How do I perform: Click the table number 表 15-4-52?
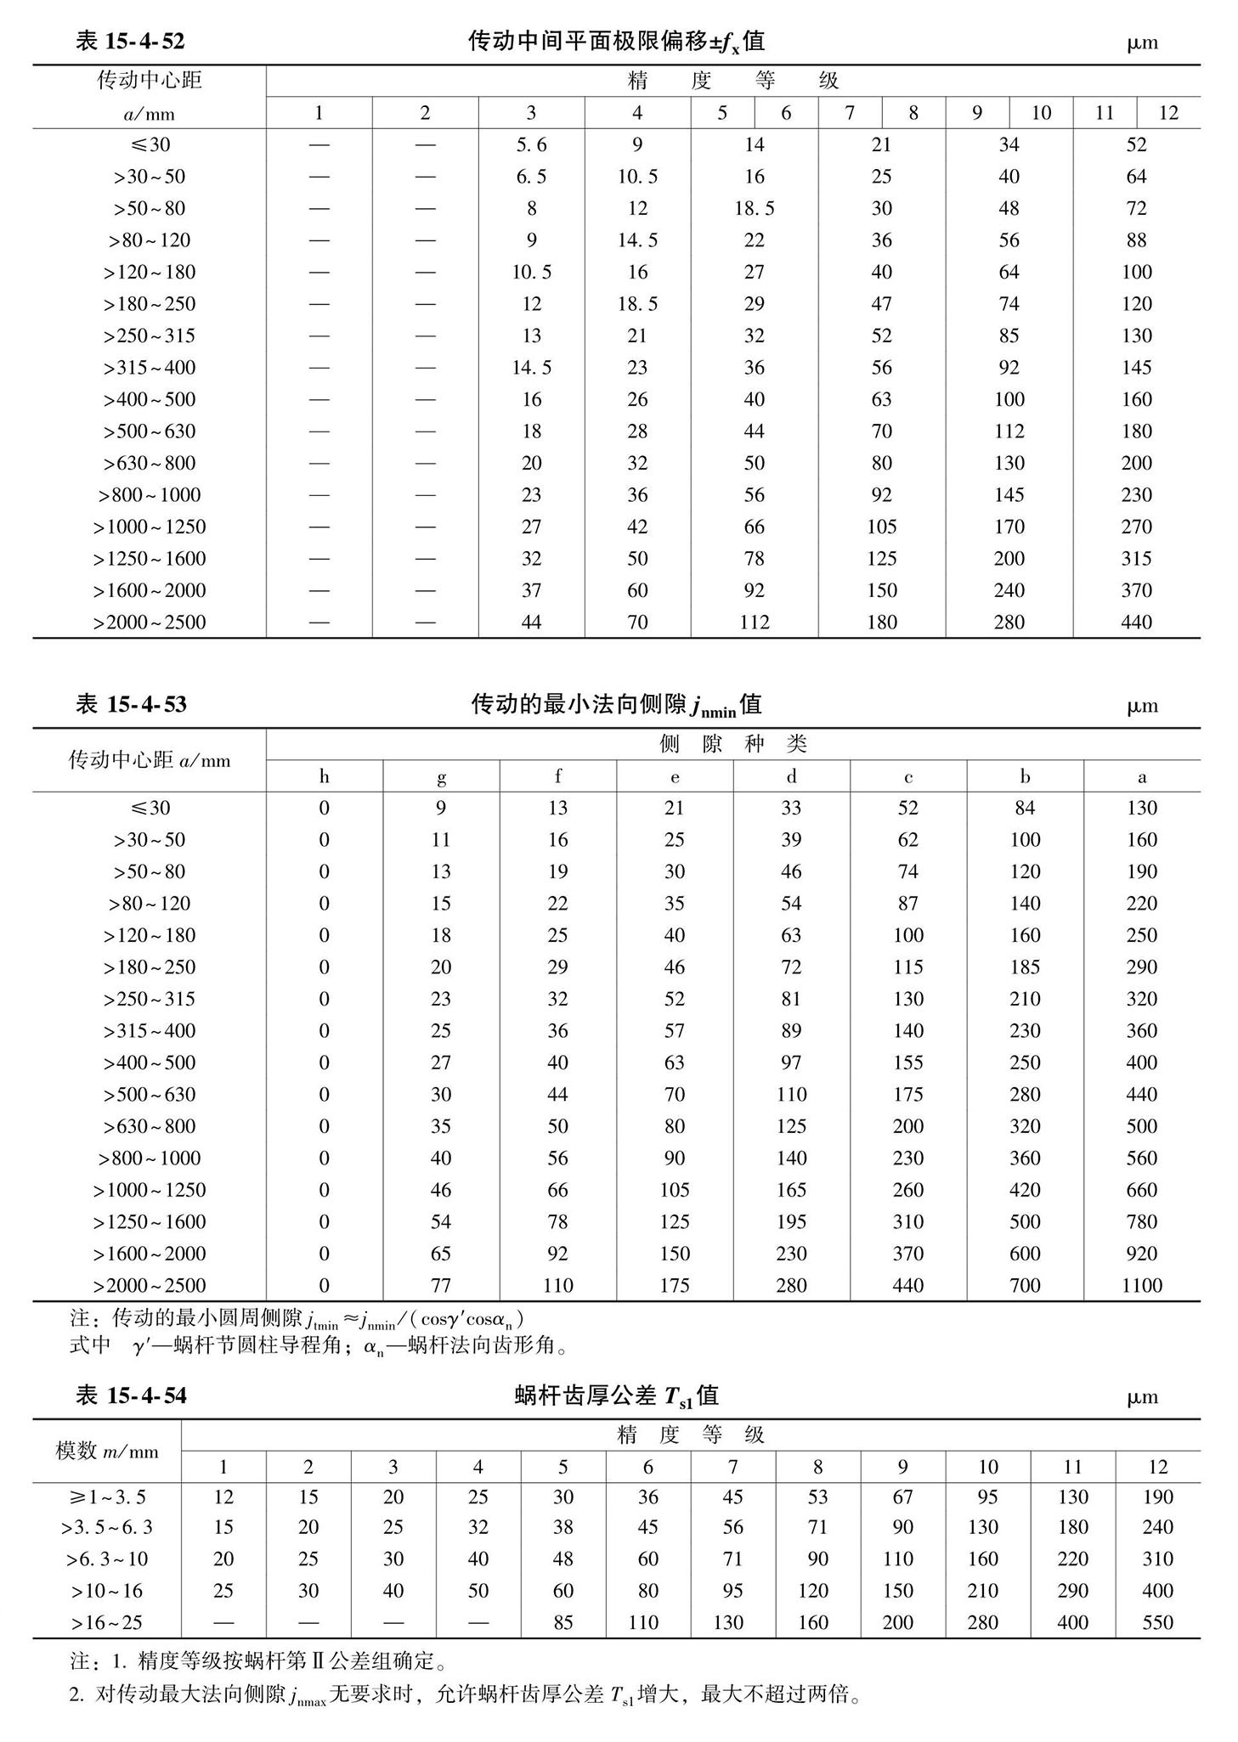(130, 41)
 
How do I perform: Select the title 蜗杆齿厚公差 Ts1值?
(617, 1395)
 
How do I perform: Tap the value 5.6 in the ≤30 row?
(531, 145)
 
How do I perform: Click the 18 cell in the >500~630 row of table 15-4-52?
(531, 431)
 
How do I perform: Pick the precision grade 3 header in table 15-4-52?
(531, 113)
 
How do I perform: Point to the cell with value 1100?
(1141, 1286)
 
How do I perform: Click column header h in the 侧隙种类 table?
(324, 776)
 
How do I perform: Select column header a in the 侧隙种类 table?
(1141, 776)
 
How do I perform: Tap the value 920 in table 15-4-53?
(1141, 1254)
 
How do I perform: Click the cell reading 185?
(1025, 967)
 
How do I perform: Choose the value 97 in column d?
(791, 1063)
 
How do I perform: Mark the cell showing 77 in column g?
(440, 1286)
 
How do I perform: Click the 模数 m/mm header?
(107, 1452)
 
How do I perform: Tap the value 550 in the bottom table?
(1157, 1623)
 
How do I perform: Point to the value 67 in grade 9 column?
(902, 1497)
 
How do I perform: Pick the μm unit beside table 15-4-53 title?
(1142, 706)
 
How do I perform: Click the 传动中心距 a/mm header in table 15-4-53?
(150, 760)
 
